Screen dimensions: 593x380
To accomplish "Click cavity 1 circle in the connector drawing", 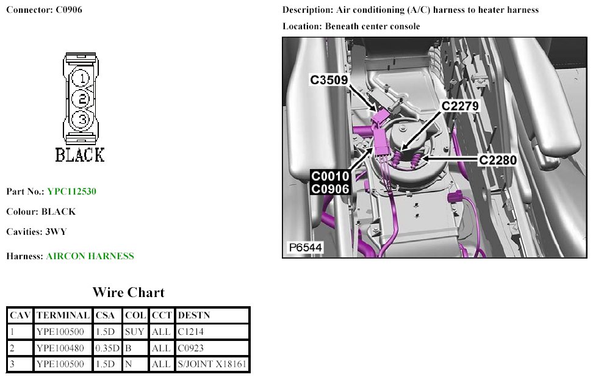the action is coord(81,79).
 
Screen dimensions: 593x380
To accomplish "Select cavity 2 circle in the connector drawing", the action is coord(81,99).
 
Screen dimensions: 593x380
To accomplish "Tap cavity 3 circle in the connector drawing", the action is coord(81,120).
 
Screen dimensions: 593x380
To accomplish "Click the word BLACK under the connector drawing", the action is coord(80,155).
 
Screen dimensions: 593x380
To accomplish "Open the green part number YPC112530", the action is coord(72,192).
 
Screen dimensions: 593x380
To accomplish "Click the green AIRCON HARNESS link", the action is coord(90,256).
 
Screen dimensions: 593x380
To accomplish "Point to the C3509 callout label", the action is coord(329,80).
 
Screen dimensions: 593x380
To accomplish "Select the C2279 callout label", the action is coord(460,106).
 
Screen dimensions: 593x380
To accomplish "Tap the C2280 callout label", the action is coord(498,160).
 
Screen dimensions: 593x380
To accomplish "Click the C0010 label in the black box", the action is coord(330,176).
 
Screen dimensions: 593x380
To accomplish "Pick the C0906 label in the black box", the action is coord(330,188).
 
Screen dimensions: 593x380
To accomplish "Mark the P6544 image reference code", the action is coord(305,248).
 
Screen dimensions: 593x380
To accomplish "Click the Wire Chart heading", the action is coord(129,292).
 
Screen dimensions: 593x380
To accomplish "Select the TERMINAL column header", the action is coord(63,315).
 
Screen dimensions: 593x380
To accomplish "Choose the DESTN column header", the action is coord(193,315).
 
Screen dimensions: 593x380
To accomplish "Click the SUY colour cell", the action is coord(135,332).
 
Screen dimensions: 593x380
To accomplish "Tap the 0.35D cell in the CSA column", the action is coord(107,348).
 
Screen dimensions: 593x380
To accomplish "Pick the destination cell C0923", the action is coord(190,348).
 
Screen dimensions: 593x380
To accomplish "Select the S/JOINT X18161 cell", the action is coord(212,364).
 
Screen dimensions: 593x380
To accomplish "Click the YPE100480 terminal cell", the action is coord(60,348).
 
